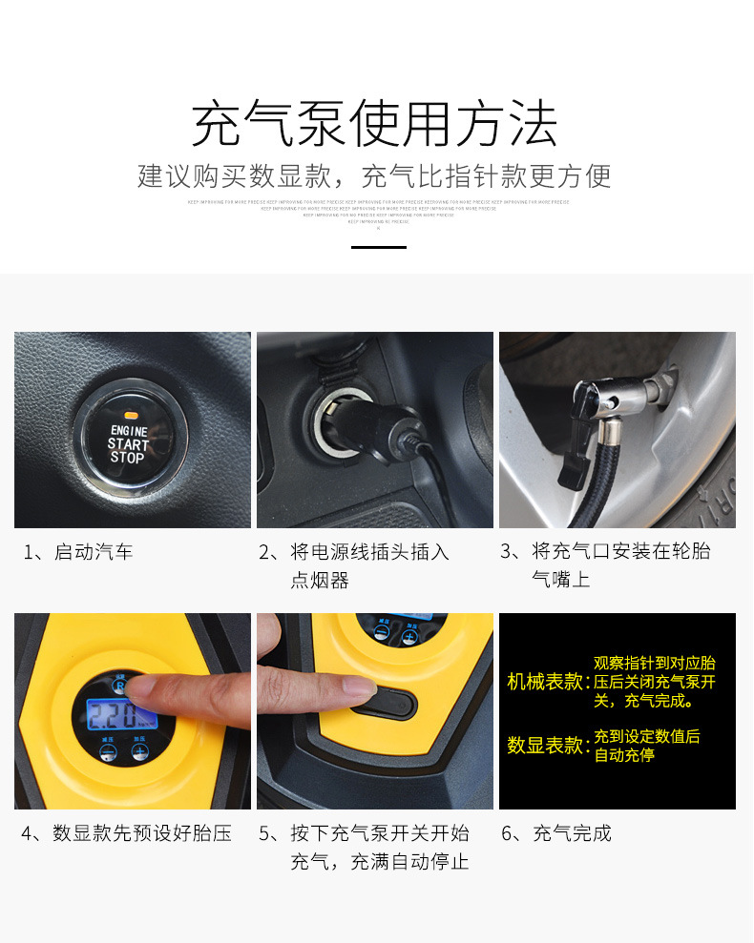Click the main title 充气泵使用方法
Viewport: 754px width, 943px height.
(x=375, y=125)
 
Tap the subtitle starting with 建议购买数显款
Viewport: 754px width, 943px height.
(x=375, y=176)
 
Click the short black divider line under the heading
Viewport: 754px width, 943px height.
(x=379, y=247)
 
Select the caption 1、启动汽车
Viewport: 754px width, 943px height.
(x=78, y=552)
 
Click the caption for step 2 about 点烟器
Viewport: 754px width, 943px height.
(x=353, y=565)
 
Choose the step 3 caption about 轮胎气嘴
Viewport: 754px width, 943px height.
(x=605, y=565)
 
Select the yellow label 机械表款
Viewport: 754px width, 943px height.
(x=546, y=682)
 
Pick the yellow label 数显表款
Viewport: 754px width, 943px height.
(x=546, y=746)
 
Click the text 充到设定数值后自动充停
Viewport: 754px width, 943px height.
(x=646, y=746)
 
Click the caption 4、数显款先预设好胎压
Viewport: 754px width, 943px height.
(x=127, y=833)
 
